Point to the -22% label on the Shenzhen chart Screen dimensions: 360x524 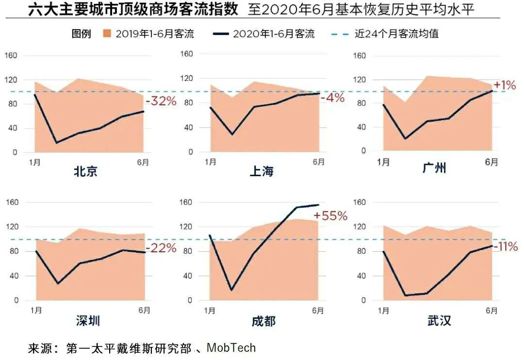(161, 248)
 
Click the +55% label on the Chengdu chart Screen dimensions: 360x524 (330, 216)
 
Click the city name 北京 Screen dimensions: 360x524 (85, 171)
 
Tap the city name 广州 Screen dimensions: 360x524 (434, 168)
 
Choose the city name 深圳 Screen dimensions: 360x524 (88, 321)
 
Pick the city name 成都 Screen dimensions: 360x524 (263, 321)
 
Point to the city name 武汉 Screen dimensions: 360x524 (439, 321)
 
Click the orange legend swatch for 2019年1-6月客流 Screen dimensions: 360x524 (107, 34)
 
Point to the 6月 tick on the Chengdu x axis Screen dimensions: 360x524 (318, 311)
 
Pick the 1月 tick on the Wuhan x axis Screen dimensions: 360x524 (383, 311)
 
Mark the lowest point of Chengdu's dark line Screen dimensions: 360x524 (231, 290)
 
